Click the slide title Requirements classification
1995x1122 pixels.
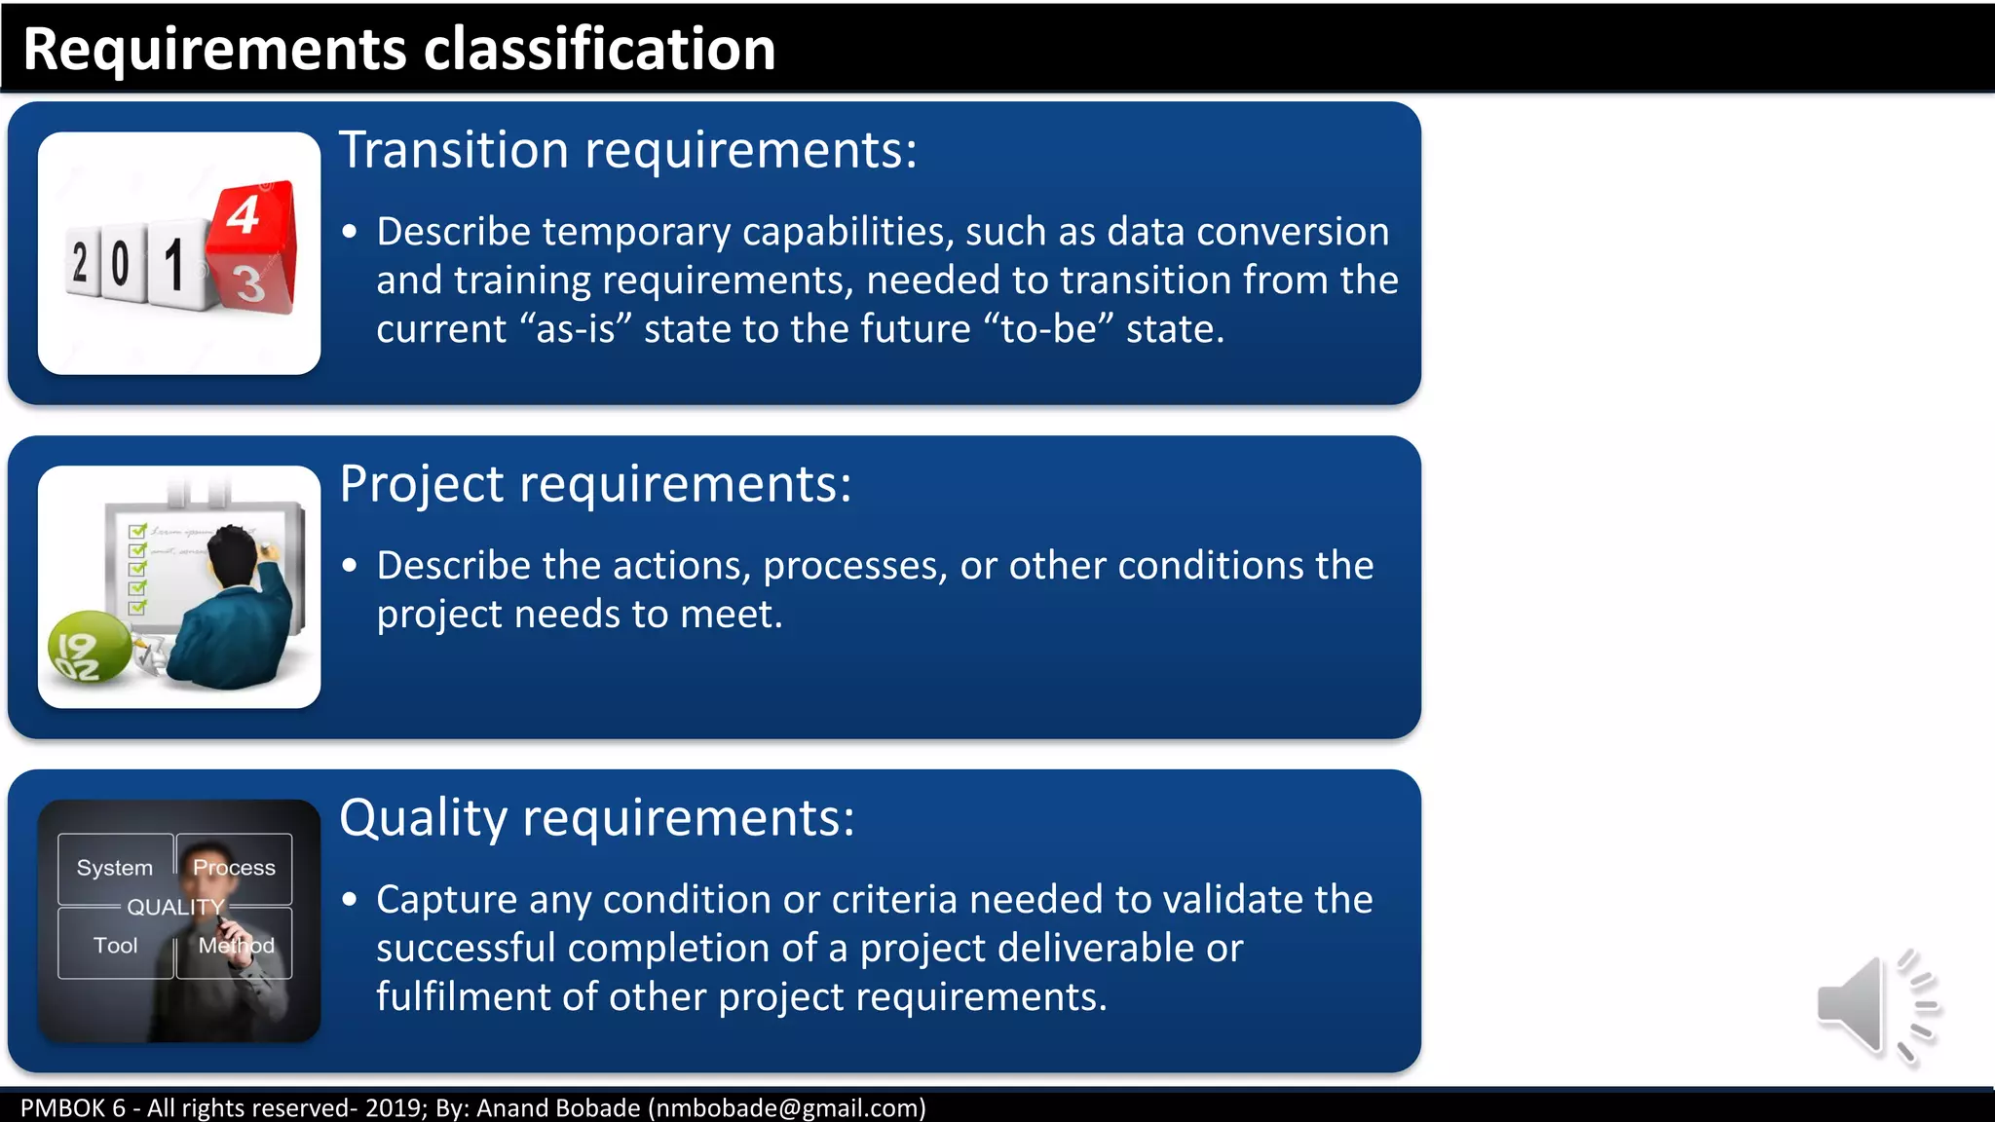coord(398,49)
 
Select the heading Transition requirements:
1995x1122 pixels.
coord(627,150)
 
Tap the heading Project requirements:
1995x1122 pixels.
coord(595,484)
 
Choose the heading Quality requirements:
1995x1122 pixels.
coord(596,817)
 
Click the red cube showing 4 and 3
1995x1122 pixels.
coord(252,248)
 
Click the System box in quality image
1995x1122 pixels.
coord(115,868)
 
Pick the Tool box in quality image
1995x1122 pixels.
coord(115,945)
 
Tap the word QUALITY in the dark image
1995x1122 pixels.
coord(175,907)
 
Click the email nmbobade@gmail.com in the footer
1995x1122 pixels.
coord(787,1107)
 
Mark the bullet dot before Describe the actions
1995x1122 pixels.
coord(350,566)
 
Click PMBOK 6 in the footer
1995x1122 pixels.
coord(73,1107)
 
